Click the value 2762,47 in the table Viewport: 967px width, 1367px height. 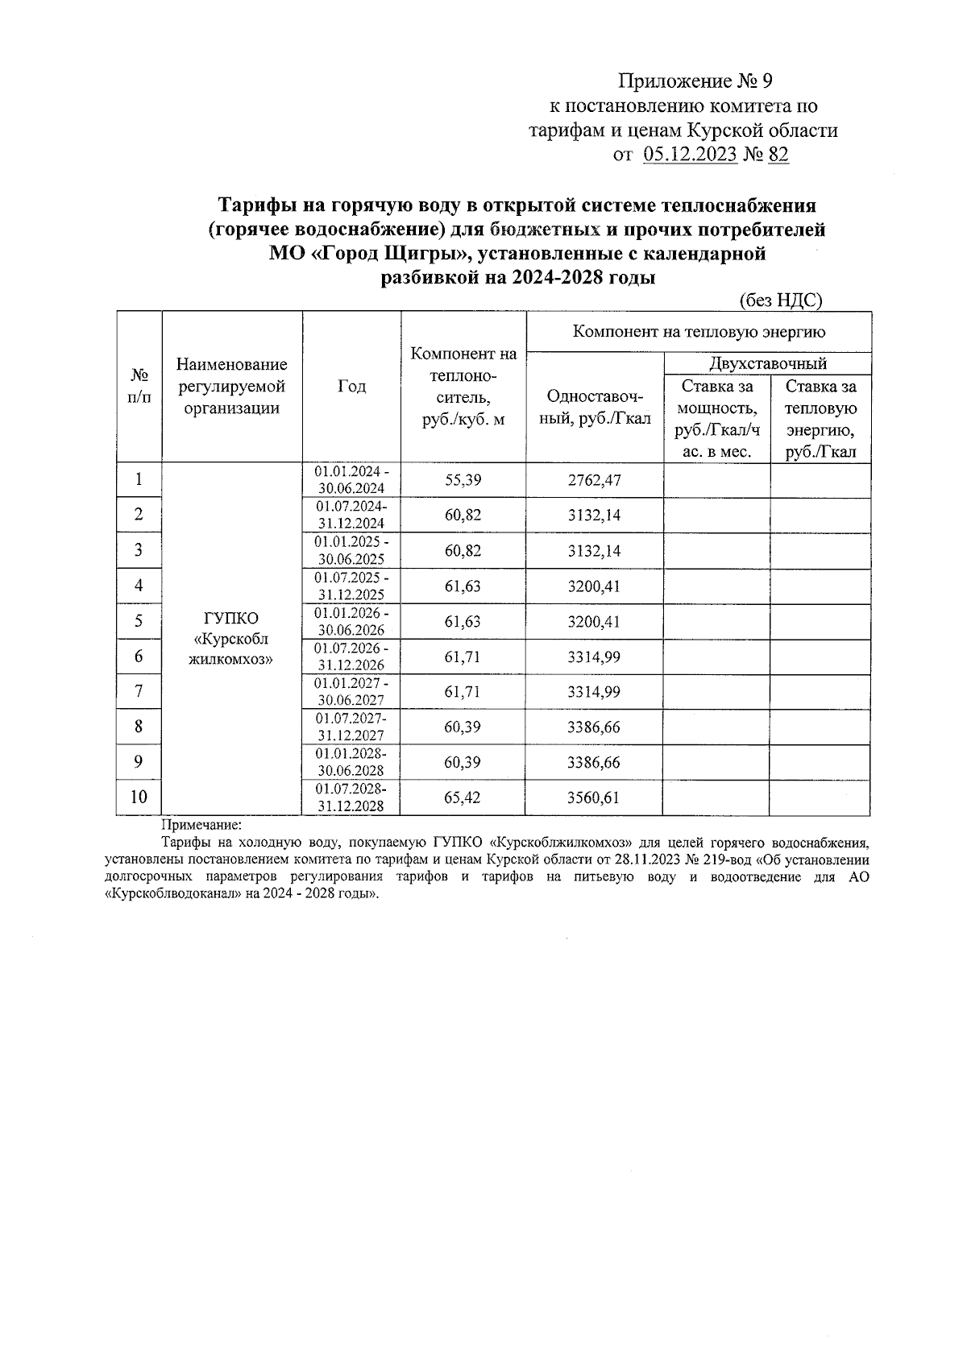594,480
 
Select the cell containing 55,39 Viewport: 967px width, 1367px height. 463,480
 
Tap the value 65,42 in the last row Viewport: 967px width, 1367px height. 463,797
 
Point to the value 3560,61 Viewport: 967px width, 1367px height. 594,797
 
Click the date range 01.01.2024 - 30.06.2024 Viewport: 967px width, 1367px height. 351,480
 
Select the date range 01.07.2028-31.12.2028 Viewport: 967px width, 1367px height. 351,797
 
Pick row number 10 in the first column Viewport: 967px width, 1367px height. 139,797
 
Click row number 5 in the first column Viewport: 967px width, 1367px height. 139,621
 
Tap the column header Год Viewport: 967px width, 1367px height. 351,387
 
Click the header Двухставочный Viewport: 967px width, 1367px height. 767,363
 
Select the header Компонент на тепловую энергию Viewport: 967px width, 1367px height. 698,331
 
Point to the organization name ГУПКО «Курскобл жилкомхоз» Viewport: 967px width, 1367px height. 231,639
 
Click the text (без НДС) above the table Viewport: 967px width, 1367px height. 780,300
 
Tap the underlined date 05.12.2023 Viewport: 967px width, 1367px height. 691,155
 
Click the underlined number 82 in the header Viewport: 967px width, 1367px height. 778,155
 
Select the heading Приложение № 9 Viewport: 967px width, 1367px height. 695,81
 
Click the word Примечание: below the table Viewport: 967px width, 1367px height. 201,825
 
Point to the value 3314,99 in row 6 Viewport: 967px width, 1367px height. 594,657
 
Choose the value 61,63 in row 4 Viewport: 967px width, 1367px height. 463,586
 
